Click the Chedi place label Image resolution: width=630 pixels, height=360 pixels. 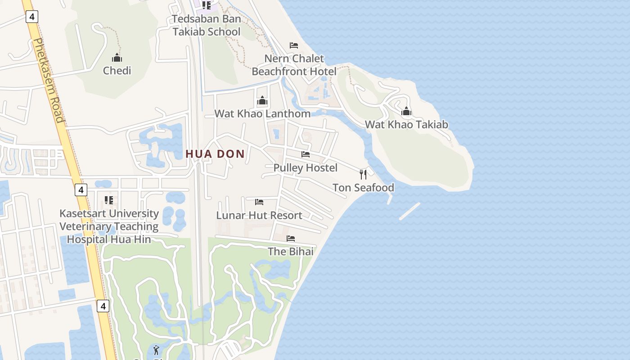tap(117, 71)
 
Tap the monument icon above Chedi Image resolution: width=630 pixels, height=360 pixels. tap(117, 58)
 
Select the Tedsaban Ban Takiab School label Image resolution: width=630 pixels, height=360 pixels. tap(207, 25)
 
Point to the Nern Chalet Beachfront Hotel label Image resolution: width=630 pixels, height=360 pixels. tap(294, 65)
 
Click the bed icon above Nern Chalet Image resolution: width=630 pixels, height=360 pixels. tap(294, 45)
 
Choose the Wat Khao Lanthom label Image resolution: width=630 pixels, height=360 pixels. tap(262, 113)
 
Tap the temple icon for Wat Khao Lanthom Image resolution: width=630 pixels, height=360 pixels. tap(262, 100)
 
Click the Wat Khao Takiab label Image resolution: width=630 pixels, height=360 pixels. tap(406, 125)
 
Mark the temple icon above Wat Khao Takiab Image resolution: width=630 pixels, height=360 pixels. tap(406, 111)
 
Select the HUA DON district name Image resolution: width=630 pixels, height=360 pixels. tap(215, 154)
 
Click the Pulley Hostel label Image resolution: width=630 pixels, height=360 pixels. tap(306, 168)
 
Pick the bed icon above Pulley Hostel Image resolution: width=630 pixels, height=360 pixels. tap(306, 154)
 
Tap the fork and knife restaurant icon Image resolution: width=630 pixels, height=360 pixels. tap(363, 174)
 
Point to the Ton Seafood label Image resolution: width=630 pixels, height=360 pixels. tap(363, 188)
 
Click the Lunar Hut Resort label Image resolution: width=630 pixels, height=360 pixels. tap(259, 215)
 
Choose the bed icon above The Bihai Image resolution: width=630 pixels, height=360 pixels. tap(291, 238)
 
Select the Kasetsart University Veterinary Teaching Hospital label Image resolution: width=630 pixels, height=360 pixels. tap(109, 226)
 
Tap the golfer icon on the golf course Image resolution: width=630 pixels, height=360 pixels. tap(156, 350)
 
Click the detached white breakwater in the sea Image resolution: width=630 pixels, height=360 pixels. tap(409, 211)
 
